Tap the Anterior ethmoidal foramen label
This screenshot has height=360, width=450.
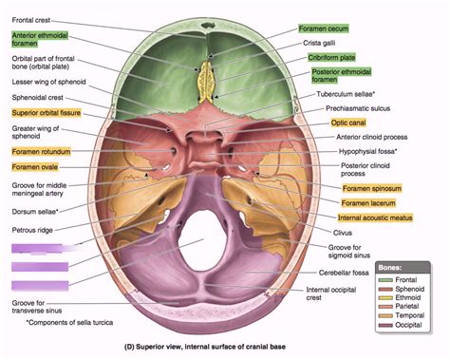click(x=39, y=38)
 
